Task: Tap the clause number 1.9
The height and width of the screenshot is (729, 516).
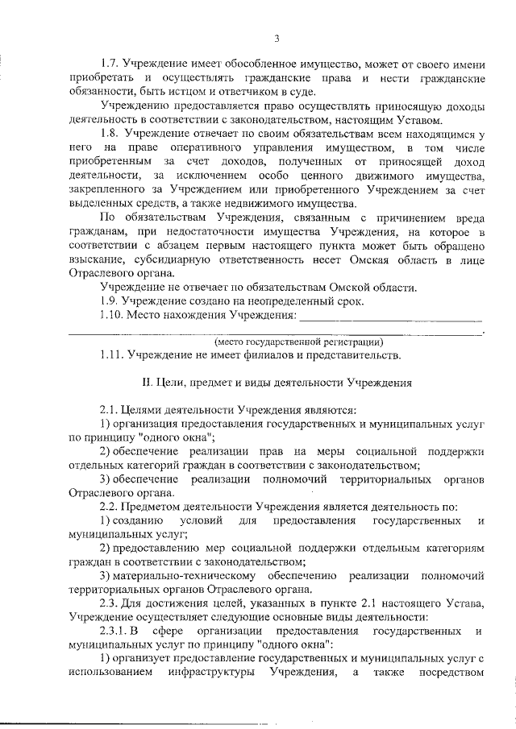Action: tap(110, 301)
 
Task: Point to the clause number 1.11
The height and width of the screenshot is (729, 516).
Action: tap(112, 354)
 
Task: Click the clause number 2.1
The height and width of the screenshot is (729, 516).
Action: tap(110, 409)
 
